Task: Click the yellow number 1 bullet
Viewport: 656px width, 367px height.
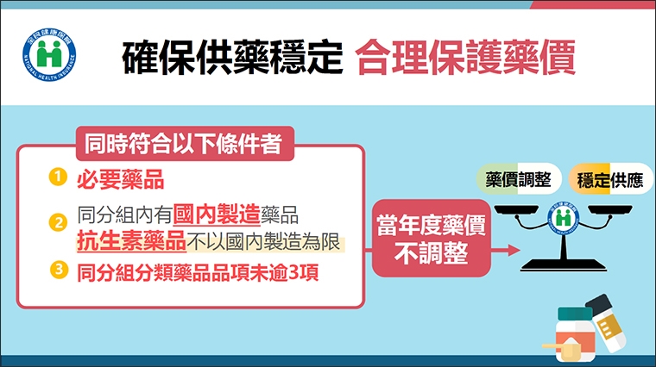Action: (x=57, y=177)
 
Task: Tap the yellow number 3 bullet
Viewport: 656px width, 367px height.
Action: (x=57, y=270)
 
